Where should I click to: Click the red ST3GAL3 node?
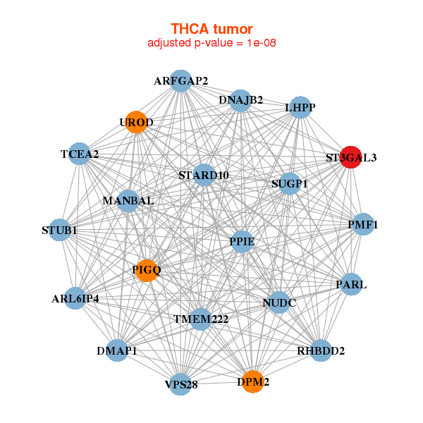[x=350, y=157]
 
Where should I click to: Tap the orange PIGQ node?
[x=146, y=270]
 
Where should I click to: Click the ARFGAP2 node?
[x=181, y=81]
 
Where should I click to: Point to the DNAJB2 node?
[x=240, y=100]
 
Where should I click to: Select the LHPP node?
[x=300, y=108]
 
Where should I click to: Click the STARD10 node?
[x=204, y=175]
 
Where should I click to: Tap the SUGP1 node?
[x=290, y=184]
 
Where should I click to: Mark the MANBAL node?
[x=128, y=201]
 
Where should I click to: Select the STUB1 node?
[x=59, y=230]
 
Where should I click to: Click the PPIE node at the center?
[x=242, y=242]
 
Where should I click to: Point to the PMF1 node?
[x=363, y=225]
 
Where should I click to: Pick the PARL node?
[x=352, y=285]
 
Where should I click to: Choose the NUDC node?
[x=279, y=303]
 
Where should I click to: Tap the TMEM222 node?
[x=201, y=319]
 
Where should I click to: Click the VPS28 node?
[x=181, y=384]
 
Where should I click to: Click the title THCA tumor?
[x=211, y=29]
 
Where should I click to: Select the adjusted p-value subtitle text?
[x=211, y=43]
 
